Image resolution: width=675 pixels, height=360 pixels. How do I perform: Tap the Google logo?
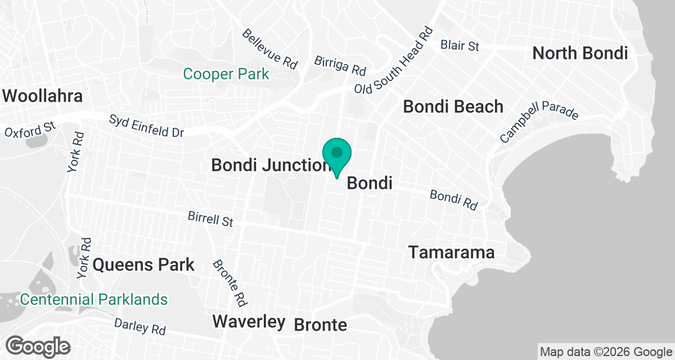39,345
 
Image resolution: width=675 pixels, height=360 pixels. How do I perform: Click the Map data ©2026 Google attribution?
605,352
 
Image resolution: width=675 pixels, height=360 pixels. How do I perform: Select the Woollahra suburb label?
43,96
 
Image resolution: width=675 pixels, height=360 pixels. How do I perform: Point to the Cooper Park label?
226,74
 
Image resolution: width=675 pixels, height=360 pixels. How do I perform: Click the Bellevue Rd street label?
269,49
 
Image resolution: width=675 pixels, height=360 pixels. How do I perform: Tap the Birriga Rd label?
340,65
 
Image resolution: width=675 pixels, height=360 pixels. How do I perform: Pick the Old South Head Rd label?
394,61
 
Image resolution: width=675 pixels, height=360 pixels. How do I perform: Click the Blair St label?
460,45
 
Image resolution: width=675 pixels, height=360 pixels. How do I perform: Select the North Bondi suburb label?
580,53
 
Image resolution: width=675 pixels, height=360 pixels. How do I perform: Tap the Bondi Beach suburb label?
453,106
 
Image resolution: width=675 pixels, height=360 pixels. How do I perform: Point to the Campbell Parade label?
539,122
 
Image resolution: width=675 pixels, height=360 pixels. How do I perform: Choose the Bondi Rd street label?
453,200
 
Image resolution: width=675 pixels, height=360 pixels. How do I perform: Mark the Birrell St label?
210,218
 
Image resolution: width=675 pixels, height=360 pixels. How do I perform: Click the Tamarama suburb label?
452,253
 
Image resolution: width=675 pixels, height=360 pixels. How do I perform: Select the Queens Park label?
143,264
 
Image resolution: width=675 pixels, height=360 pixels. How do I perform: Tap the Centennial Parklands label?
94,299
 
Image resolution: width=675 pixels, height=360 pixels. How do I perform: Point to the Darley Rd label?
139,326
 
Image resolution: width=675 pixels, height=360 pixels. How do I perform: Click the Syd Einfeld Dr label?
147,126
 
